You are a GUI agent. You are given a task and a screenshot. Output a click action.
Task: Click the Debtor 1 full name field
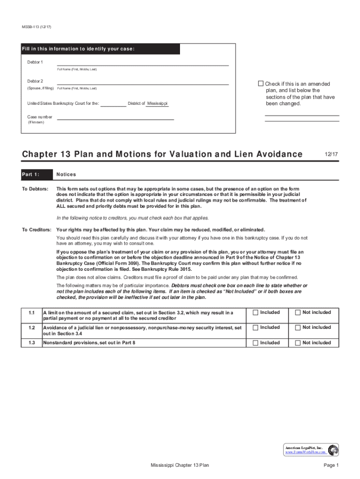(143, 62)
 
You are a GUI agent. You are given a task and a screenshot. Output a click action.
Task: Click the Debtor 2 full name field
(143, 81)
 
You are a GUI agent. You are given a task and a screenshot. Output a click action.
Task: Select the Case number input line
(115, 117)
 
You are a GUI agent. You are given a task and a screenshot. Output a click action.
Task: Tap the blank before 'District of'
(114, 104)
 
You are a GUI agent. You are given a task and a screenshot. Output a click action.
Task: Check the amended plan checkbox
(261, 84)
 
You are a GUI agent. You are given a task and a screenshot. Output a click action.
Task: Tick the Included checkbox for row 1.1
(255, 312)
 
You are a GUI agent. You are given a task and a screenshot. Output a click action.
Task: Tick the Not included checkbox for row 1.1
(297, 312)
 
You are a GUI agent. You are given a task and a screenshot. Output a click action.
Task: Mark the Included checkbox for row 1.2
(255, 327)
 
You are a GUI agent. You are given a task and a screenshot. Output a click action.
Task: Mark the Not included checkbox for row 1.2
(297, 327)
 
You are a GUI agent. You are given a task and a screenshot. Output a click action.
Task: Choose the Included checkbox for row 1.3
(255, 343)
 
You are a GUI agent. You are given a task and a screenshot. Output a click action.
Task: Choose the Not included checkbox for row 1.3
(297, 343)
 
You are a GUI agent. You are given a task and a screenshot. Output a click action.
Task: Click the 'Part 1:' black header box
(36, 174)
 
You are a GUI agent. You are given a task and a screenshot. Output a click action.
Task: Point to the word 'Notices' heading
(66, 174)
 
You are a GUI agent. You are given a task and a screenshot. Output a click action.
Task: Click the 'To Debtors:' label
(35, 189)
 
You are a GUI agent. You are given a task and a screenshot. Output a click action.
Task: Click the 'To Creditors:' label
(36, 230)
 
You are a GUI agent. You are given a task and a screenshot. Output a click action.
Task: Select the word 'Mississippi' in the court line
(157, 103)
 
